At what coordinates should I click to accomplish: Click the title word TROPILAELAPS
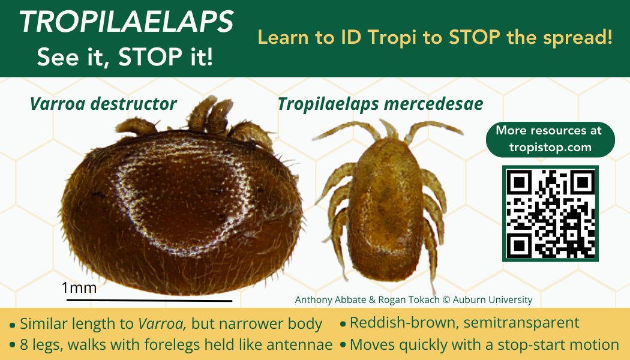coord(126,22)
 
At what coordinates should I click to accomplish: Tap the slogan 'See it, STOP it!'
coord(125,56)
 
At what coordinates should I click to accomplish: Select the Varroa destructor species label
coord(103,104)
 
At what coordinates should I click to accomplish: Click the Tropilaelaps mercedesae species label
coord(380,104)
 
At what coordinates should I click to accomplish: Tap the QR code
coord(550,214)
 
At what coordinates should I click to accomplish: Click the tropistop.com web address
coord(550,147)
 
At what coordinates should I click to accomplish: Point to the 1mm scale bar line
coord(149,300)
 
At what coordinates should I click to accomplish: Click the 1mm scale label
coord(79,287)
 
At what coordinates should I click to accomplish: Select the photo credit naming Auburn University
coord(413,300)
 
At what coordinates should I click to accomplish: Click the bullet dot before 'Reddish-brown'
coord(343,323)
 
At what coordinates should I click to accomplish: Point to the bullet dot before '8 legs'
coord(13,346)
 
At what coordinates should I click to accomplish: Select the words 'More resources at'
coord(549,131)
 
